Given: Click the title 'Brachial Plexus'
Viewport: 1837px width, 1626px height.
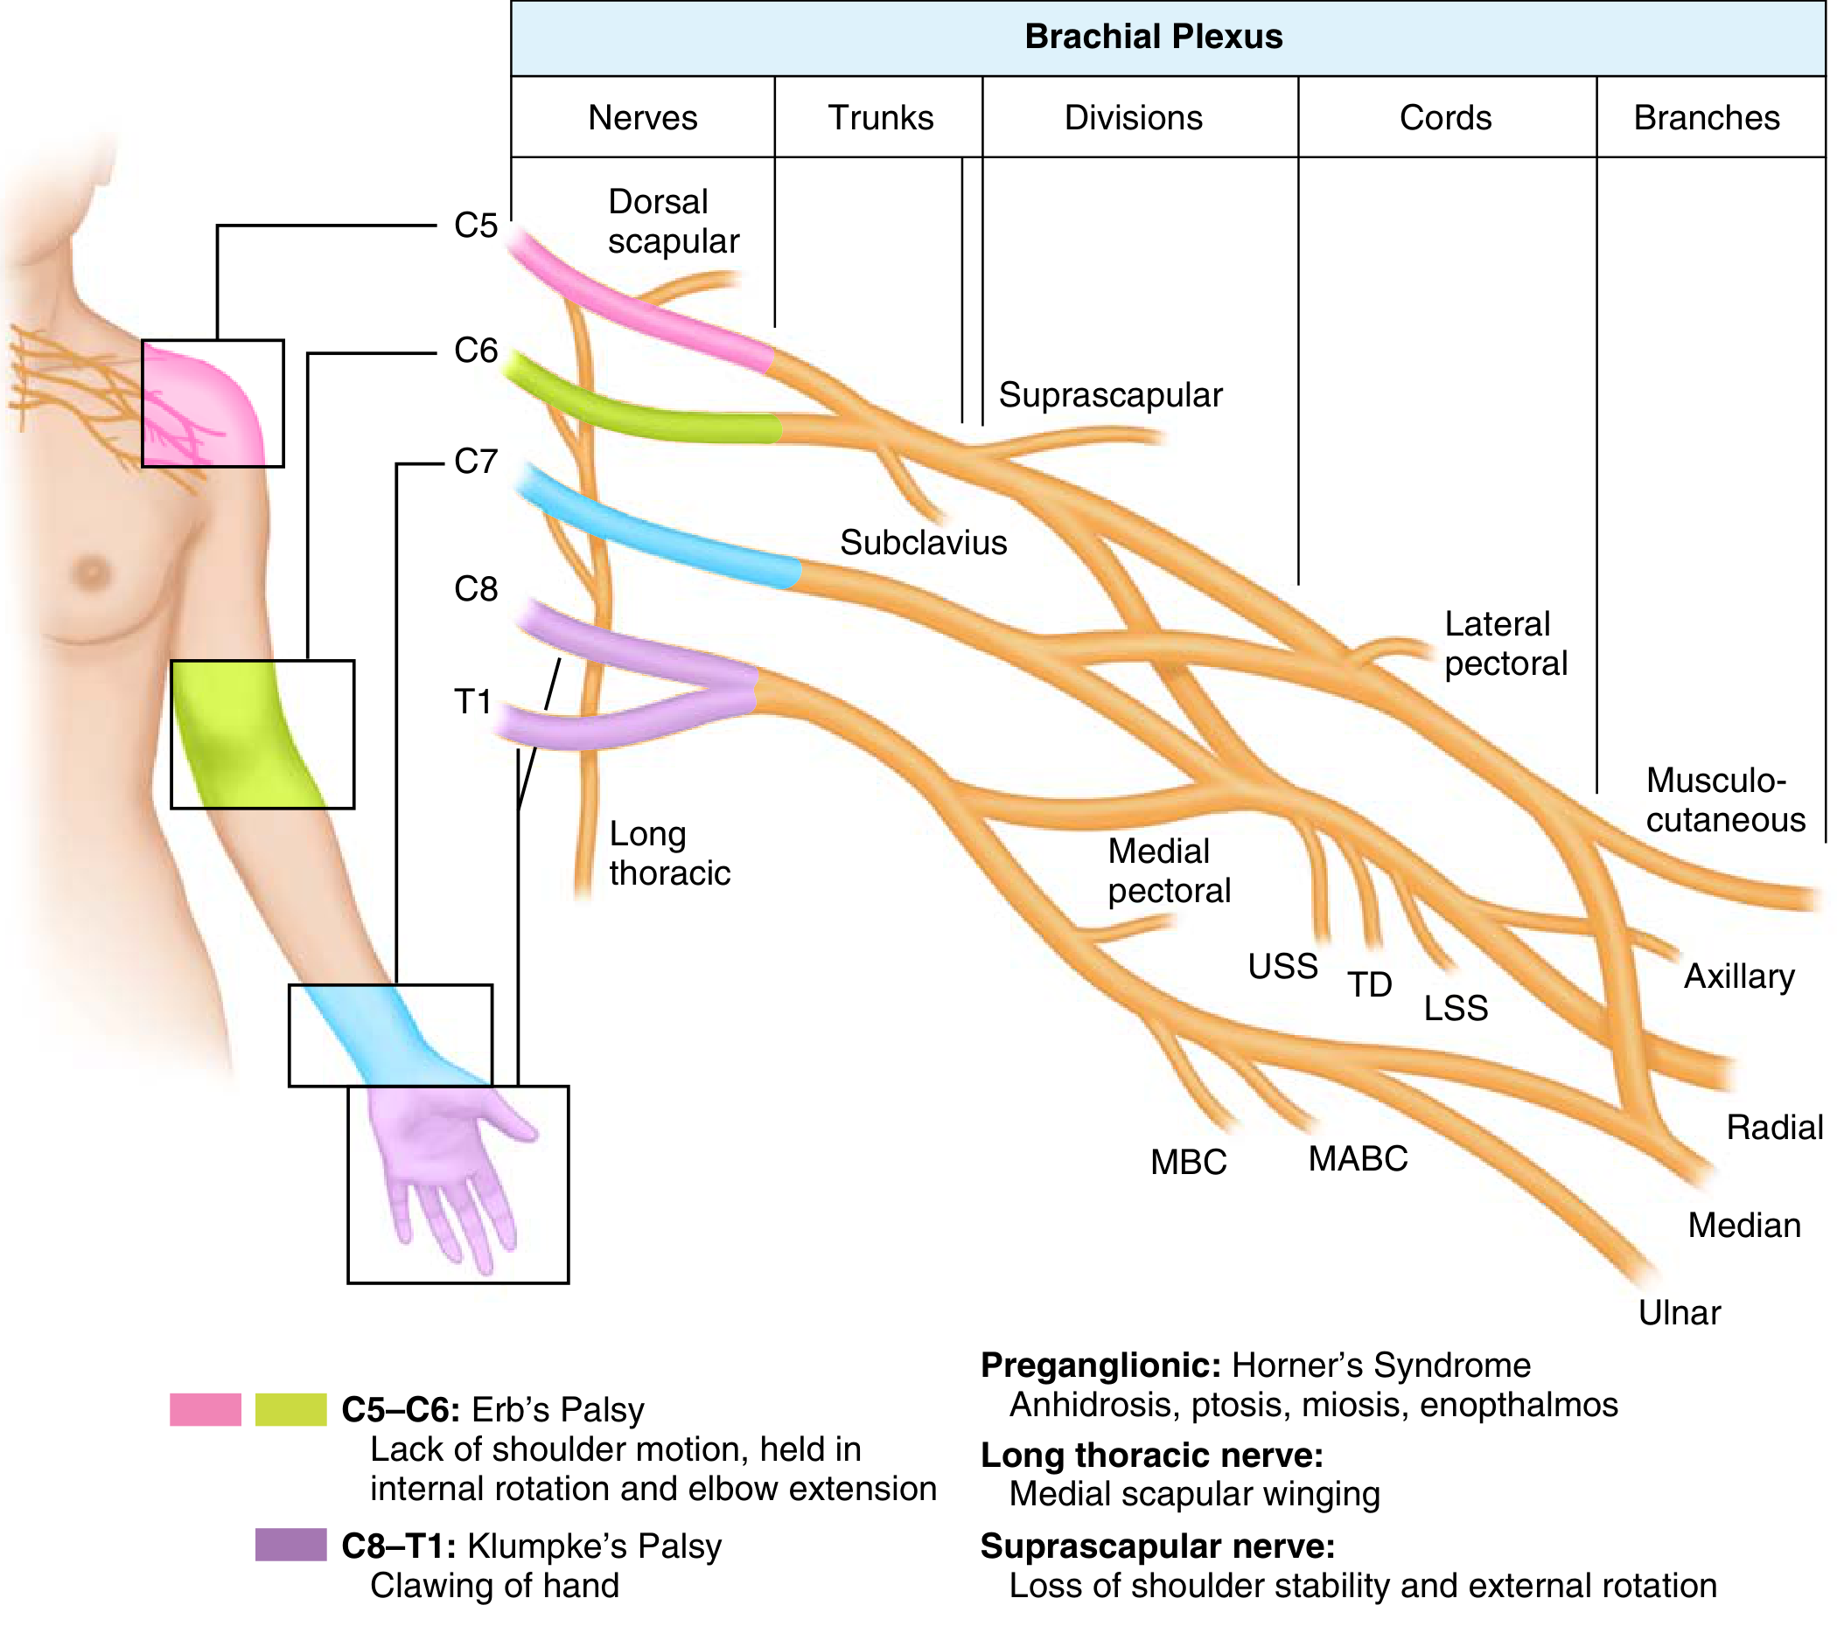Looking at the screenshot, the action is [1153, 37].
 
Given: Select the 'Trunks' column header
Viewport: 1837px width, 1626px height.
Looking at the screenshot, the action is [880, 118].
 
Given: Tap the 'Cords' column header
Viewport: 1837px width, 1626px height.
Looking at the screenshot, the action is [1445, 118].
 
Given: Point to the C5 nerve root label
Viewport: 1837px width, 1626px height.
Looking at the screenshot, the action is [475, 226].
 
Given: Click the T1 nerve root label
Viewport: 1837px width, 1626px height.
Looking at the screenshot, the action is [472, 702].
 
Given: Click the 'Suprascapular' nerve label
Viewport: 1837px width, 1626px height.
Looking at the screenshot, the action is [1111, 396].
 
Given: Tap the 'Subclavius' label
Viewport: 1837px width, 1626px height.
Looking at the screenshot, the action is [923, 543].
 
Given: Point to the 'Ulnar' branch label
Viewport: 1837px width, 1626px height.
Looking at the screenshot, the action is [1679, 1313].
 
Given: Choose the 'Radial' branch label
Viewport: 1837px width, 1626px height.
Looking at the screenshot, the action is [1775, 1128].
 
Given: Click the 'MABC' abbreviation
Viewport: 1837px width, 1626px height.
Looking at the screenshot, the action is [1358, 1159].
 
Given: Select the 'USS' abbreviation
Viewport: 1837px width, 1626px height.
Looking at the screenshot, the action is [1282, 967].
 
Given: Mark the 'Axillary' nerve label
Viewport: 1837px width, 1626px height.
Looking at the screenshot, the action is [1739, 977].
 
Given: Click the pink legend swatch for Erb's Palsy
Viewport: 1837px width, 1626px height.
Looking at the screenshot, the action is [206, 1409].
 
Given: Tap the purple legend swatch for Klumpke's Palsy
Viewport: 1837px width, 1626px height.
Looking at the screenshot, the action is [290, 1546].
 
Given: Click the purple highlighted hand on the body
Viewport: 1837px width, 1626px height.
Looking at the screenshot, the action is [450, 1168].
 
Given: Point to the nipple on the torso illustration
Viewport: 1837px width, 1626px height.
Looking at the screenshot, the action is [91, 572].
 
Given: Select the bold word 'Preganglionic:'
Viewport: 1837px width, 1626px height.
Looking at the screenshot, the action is [1100, 1366].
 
